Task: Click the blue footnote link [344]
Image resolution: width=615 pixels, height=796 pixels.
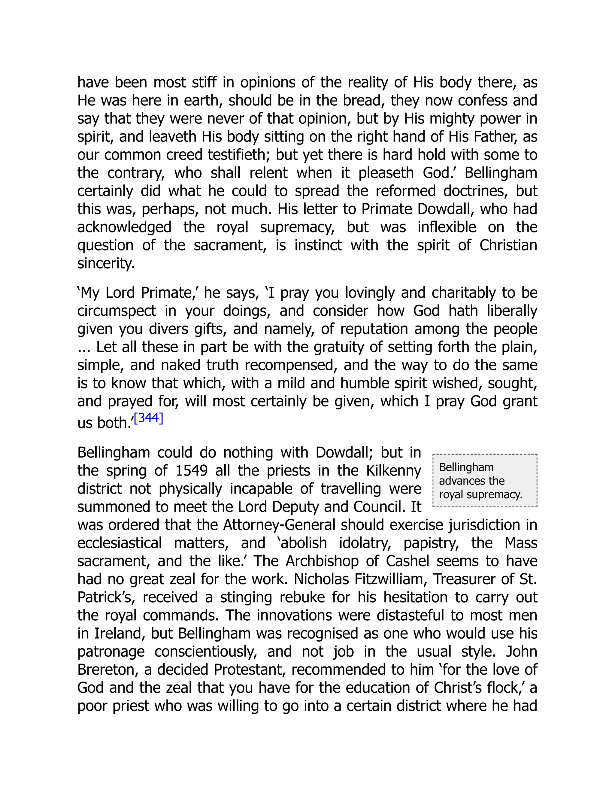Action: coord(148,418)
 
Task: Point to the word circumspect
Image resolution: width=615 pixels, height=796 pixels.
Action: coord(117,311)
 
